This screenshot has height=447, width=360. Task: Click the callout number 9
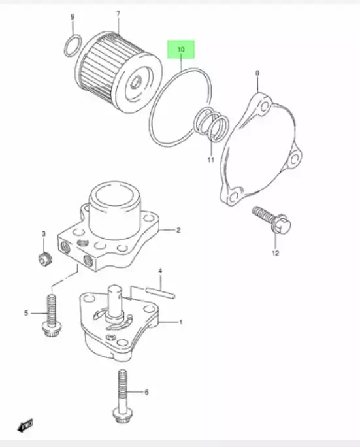pyautogui.click(x=73, y=16)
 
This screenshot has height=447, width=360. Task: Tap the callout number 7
pyautogui.click(x=118, y=14)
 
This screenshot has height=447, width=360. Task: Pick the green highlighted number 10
pyautogui.click(x=181, y=50)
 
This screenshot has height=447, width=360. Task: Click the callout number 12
pyautogui.click(x=275, y=252)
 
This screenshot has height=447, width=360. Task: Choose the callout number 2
pyautogui.click(x=177, y=230)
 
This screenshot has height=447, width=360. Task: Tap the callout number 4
pyautogui.click(x=160, y=270)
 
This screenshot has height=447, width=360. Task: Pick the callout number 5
pyautogui.click(x=27, y=314)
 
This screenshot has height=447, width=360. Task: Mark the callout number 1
pyautogui.click(x=181, y=322)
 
